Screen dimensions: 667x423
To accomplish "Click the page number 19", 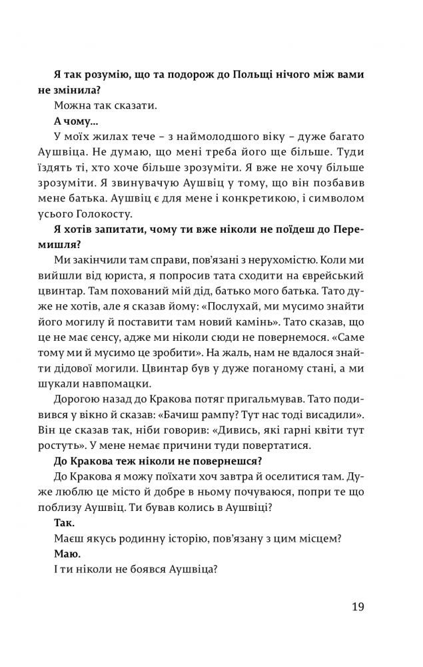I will point(357,606).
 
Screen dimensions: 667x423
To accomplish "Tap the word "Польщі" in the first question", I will point(266,75).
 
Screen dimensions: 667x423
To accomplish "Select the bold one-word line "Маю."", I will point(65,554).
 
